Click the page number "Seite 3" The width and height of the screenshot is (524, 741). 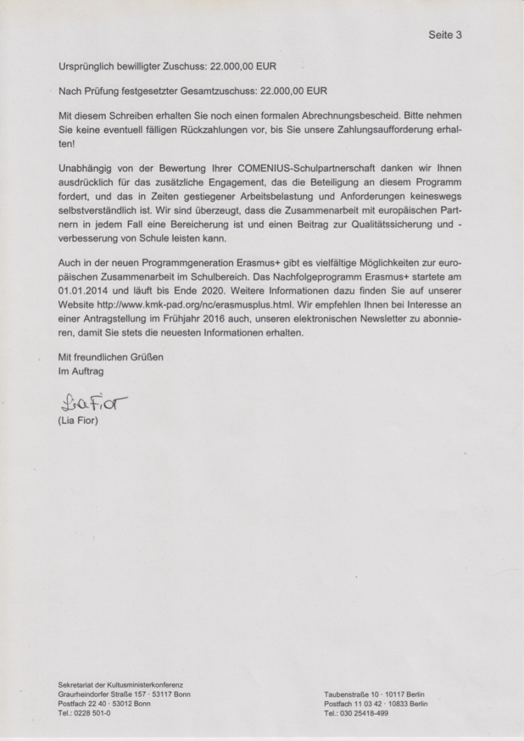click(445, 34)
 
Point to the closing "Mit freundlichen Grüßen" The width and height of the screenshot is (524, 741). click(111, 357)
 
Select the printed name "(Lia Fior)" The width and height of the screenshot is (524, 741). click(78, 420)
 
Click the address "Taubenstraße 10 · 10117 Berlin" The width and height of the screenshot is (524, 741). click(375, 695)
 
